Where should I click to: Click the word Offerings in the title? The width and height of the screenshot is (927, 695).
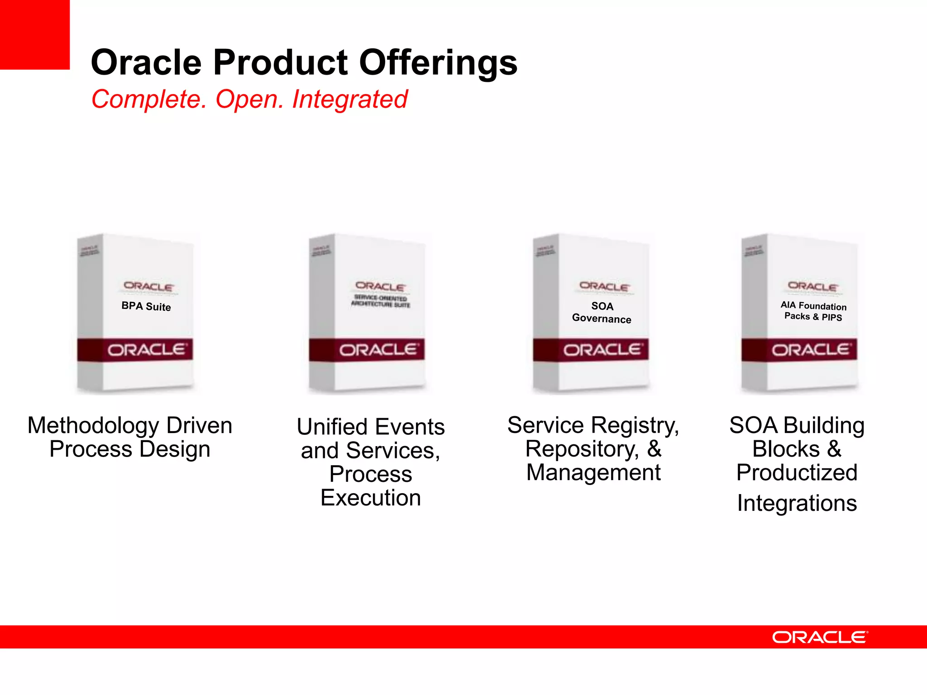[438, 62]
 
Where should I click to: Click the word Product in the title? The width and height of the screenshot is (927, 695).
[280, 62]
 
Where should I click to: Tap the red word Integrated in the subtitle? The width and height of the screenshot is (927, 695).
[349, 99]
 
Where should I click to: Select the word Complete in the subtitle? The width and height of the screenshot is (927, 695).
[148, 99]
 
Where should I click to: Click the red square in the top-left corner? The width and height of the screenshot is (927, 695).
[34, 34]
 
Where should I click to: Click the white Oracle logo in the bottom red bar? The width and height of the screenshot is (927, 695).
[820, 637]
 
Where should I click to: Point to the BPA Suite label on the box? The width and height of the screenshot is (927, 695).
[146, 306]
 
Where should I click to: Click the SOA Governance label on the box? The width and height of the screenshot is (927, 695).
[602, 312]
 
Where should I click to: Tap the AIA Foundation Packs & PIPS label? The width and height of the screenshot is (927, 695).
[813, 311]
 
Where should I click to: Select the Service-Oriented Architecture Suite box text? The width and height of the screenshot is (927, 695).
[381, 301]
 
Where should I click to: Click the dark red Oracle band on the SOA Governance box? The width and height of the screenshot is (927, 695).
[591, 350]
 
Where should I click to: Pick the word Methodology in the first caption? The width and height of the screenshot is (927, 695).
[93, 426]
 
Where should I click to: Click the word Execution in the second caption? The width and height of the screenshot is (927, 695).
[371, 498]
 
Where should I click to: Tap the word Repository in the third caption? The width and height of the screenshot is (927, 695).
[582, 449]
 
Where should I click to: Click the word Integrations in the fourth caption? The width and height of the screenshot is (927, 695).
[797, 503]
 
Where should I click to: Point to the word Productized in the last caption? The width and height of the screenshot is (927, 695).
[797, 473]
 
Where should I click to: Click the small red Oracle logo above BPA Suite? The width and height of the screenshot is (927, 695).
[148, 286]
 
